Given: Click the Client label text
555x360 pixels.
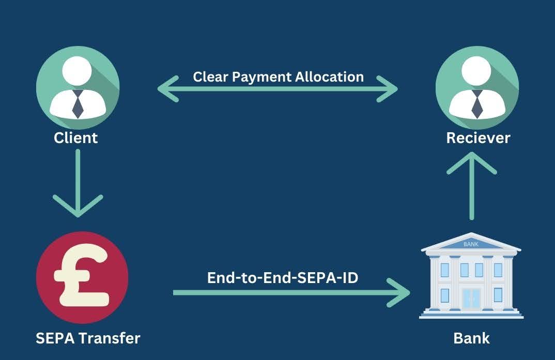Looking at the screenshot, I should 75,138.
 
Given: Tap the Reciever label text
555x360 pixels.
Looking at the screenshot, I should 478,138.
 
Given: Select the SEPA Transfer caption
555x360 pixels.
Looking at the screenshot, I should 88,338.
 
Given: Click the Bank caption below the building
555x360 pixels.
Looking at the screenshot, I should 471,338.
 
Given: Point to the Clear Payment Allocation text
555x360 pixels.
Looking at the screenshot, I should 278,77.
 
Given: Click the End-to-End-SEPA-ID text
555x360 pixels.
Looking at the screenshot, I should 283,277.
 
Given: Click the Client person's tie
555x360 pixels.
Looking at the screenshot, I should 78,103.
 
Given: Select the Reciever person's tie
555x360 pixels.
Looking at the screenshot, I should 477,104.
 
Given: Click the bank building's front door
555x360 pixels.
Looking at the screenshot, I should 471,298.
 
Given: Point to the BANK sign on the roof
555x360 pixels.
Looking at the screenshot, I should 471,244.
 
